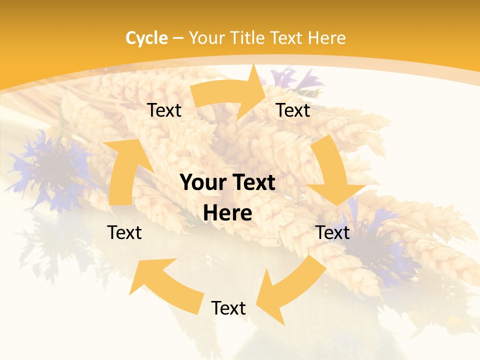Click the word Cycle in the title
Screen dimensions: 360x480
coord(146,38)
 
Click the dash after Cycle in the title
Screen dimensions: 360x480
coord(178,38)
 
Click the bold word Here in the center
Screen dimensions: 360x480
coord(227,213)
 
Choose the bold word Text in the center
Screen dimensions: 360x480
coord(252,183)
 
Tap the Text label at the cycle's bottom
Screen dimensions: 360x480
coord(228,308)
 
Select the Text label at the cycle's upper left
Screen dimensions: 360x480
coord(164,110)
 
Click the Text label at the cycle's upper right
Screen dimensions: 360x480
coord(293,110)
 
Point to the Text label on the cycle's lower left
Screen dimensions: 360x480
coord(124,232)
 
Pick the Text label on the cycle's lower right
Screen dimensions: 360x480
coord(332,232)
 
